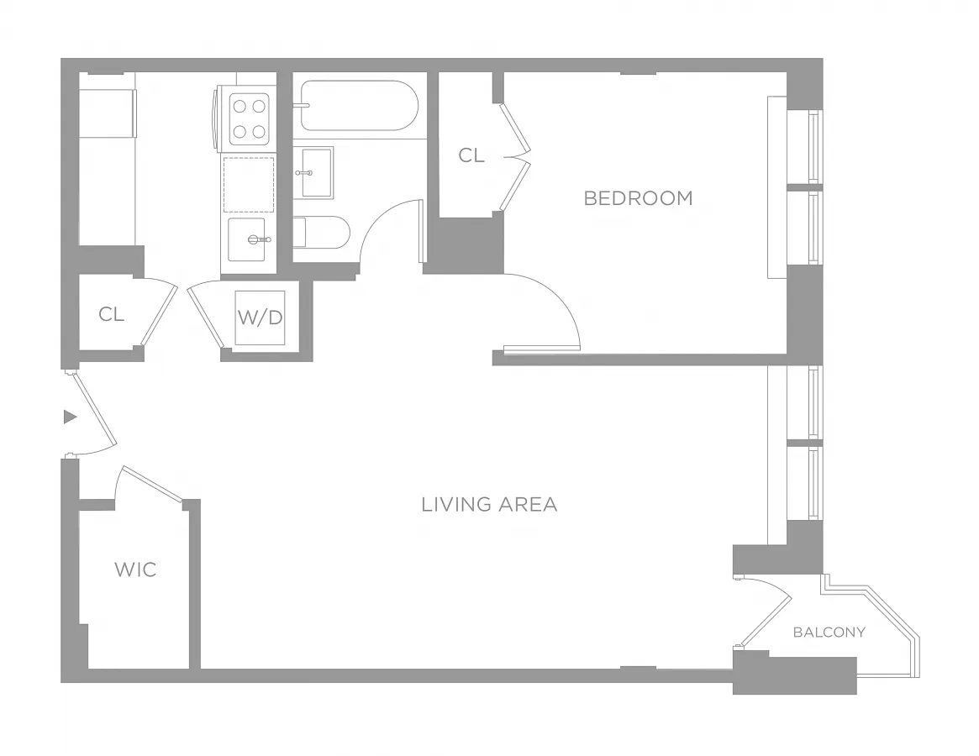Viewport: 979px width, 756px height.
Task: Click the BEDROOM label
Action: click(x=638, y=198)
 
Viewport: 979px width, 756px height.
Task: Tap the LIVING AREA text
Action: click(x=489, y=504)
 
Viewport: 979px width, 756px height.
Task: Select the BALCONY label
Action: click(x=829, y=633)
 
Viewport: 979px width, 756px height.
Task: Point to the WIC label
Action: click(x=135, y=570)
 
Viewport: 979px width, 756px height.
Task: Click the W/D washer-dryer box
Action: click(x=260, y=318)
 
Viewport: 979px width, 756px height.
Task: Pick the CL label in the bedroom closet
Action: click(x=471, y=155)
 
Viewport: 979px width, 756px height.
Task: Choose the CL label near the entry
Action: click(x=111, y=314)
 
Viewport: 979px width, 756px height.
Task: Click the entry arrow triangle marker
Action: click(x=70, y=417)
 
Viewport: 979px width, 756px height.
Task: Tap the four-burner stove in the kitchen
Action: click(x=246, y=118)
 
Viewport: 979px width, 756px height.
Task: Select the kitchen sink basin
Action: click(x=246, y=239)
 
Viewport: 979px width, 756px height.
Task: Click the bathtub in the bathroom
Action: click(x=358, y=106)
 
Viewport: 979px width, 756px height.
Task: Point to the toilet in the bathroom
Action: click(x=322, y=232)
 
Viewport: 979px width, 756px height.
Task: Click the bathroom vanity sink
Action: click(x=317, y=172)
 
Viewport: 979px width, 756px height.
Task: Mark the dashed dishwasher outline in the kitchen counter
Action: click(x=249, y=185)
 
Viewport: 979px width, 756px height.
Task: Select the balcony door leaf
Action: click(x=766, y=621)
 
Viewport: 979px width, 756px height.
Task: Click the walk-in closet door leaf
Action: click(x=152, y=483)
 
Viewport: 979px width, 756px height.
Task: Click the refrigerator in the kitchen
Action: click(x=108, y=113)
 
